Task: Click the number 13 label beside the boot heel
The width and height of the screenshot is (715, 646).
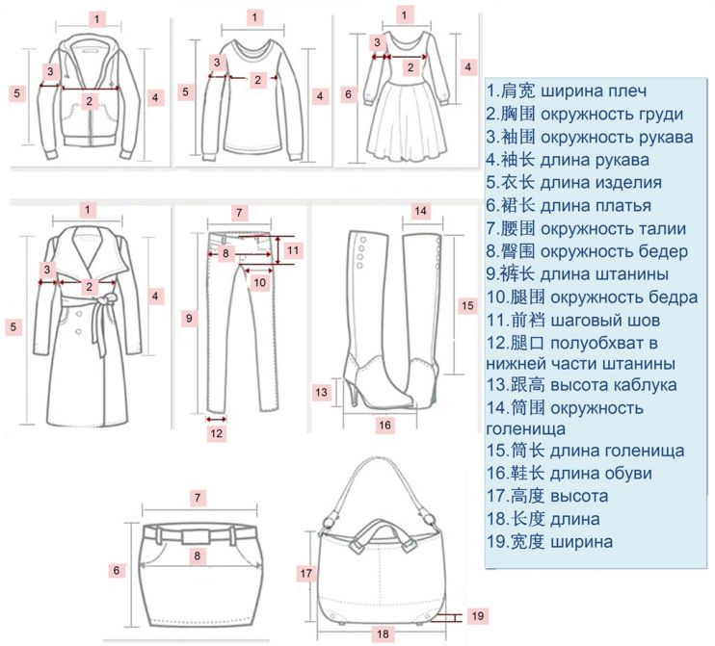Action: coord(322,392)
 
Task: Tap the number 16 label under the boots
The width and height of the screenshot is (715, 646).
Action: coord(384,424)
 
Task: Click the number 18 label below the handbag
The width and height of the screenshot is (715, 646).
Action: coord(383,633)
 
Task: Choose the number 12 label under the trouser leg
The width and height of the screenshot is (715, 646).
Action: coord(217,433)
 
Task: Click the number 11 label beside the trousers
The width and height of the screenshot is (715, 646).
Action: coord(295,249)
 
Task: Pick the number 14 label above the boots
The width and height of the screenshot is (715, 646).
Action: coord(420,211)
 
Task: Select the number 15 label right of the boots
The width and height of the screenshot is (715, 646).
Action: coord(467,305)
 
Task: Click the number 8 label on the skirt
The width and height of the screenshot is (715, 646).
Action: coord(196,556)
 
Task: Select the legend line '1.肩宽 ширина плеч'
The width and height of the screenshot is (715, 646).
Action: coord(567,91)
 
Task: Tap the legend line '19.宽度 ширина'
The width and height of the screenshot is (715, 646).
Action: coord(549,541)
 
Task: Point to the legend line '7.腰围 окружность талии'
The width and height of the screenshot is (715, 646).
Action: coord(586,228)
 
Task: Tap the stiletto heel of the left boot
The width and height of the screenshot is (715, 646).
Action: coord(354,392)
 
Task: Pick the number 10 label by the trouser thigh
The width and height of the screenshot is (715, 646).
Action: coord(258,282)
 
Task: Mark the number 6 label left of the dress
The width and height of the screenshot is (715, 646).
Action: coord(349,94)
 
